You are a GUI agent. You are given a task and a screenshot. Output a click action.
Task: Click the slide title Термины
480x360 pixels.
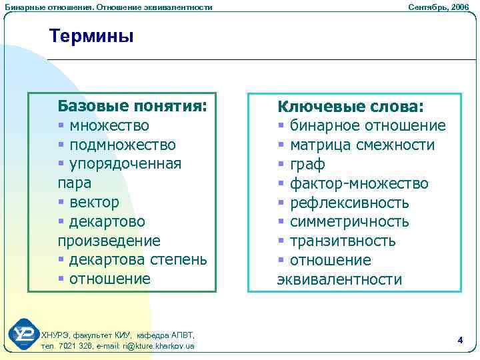(x=91, y=36)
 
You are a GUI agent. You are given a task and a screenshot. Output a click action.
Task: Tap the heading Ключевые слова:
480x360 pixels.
(x=351, y=107)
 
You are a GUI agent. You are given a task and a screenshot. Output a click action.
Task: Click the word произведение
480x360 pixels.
(x=109, y=240)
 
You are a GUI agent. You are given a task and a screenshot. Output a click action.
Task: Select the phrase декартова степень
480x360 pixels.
(x=139, y=259)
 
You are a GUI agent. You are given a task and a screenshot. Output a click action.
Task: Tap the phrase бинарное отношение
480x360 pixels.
(x=368, y=126)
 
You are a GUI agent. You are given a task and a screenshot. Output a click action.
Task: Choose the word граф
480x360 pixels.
(x=306, y=164)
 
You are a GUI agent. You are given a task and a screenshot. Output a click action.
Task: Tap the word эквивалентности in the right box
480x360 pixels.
(x=339, y=279)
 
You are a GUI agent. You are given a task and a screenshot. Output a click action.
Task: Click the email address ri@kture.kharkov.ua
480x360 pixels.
(x=159, y=346)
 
